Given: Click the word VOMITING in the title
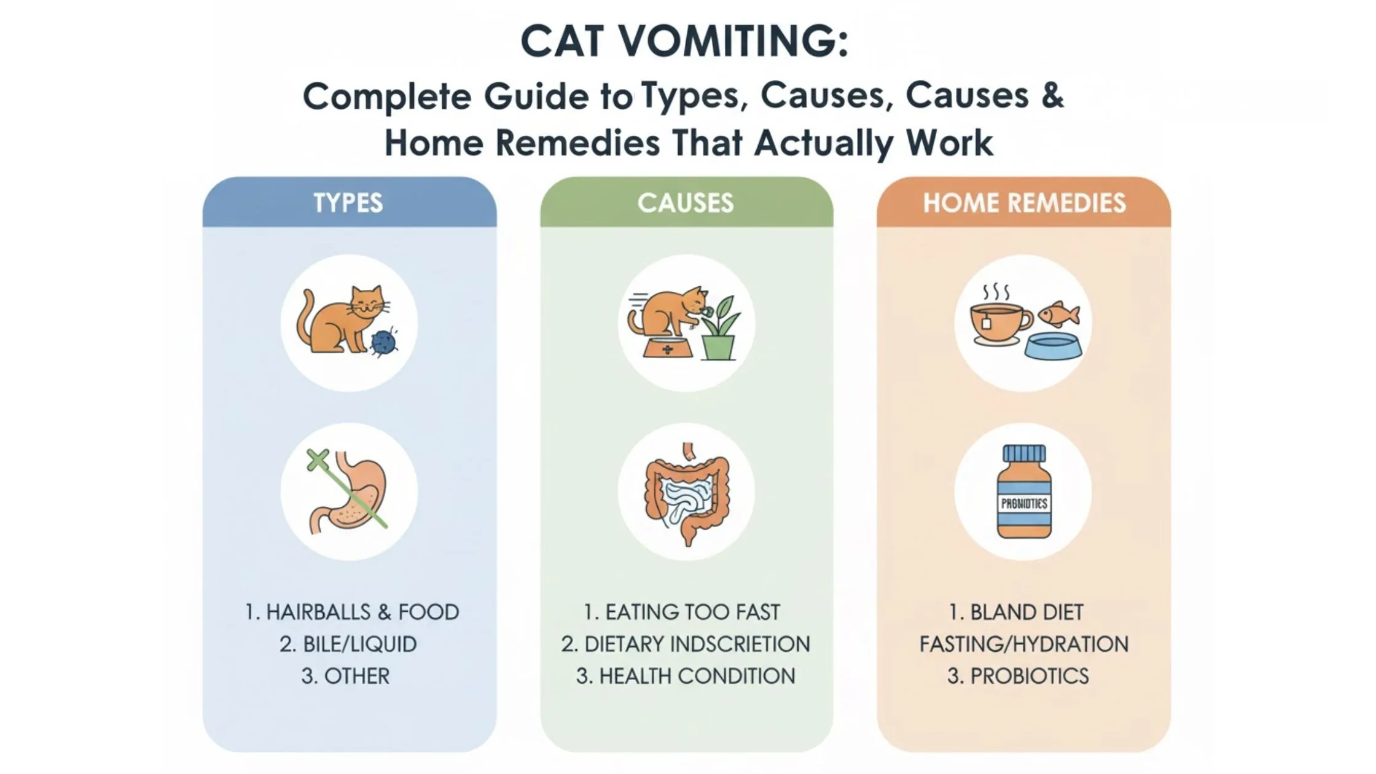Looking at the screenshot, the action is coord(733,41).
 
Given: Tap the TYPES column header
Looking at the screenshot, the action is coord(348,203).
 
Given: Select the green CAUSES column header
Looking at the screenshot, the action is coord(686,203).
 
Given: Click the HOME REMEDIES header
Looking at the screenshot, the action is coord(1024,203).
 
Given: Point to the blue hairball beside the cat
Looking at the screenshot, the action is coord(383,344).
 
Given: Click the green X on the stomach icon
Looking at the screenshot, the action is coord(318,459).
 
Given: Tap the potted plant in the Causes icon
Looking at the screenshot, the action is coord(719,327).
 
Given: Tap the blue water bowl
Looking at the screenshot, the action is coord(1053,346).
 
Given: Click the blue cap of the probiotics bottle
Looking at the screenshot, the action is coord(1024,453).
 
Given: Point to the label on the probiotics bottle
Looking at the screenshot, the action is coord(1024,504).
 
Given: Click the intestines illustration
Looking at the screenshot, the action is coord(686,495).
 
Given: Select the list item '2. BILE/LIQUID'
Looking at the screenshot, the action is coord(348,644).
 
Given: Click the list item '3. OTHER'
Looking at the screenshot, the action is coord(345,676).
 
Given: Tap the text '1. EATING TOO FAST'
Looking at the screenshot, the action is coord(682,612).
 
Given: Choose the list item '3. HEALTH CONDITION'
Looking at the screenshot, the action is coord(686,676).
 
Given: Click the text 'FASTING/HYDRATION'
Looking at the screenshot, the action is coord(1024,644).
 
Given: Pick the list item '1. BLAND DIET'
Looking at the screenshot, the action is coord(1016,612).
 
